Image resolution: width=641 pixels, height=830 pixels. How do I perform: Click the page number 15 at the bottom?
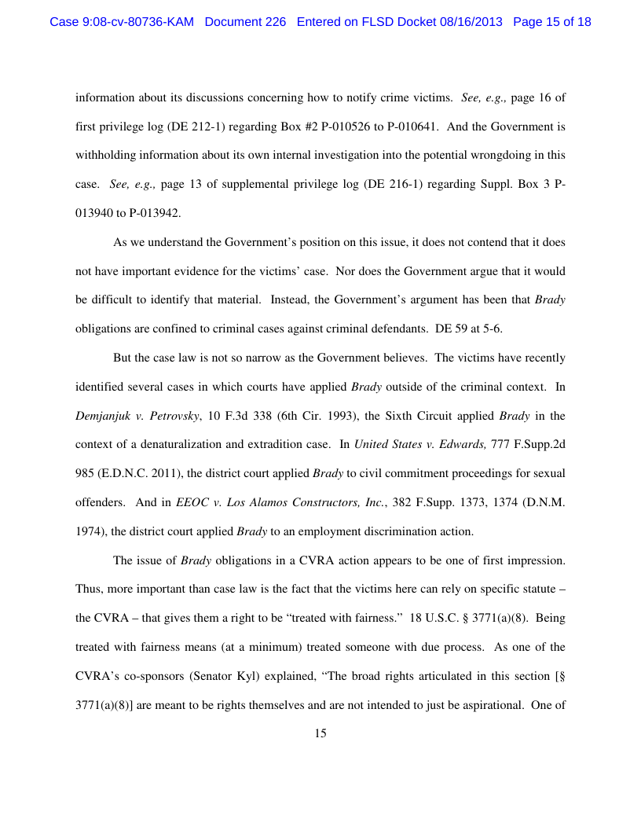(320, 733)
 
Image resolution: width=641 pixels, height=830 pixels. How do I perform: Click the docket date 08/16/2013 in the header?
(468, 22)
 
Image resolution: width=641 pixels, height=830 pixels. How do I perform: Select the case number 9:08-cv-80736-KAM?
(123, 22)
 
